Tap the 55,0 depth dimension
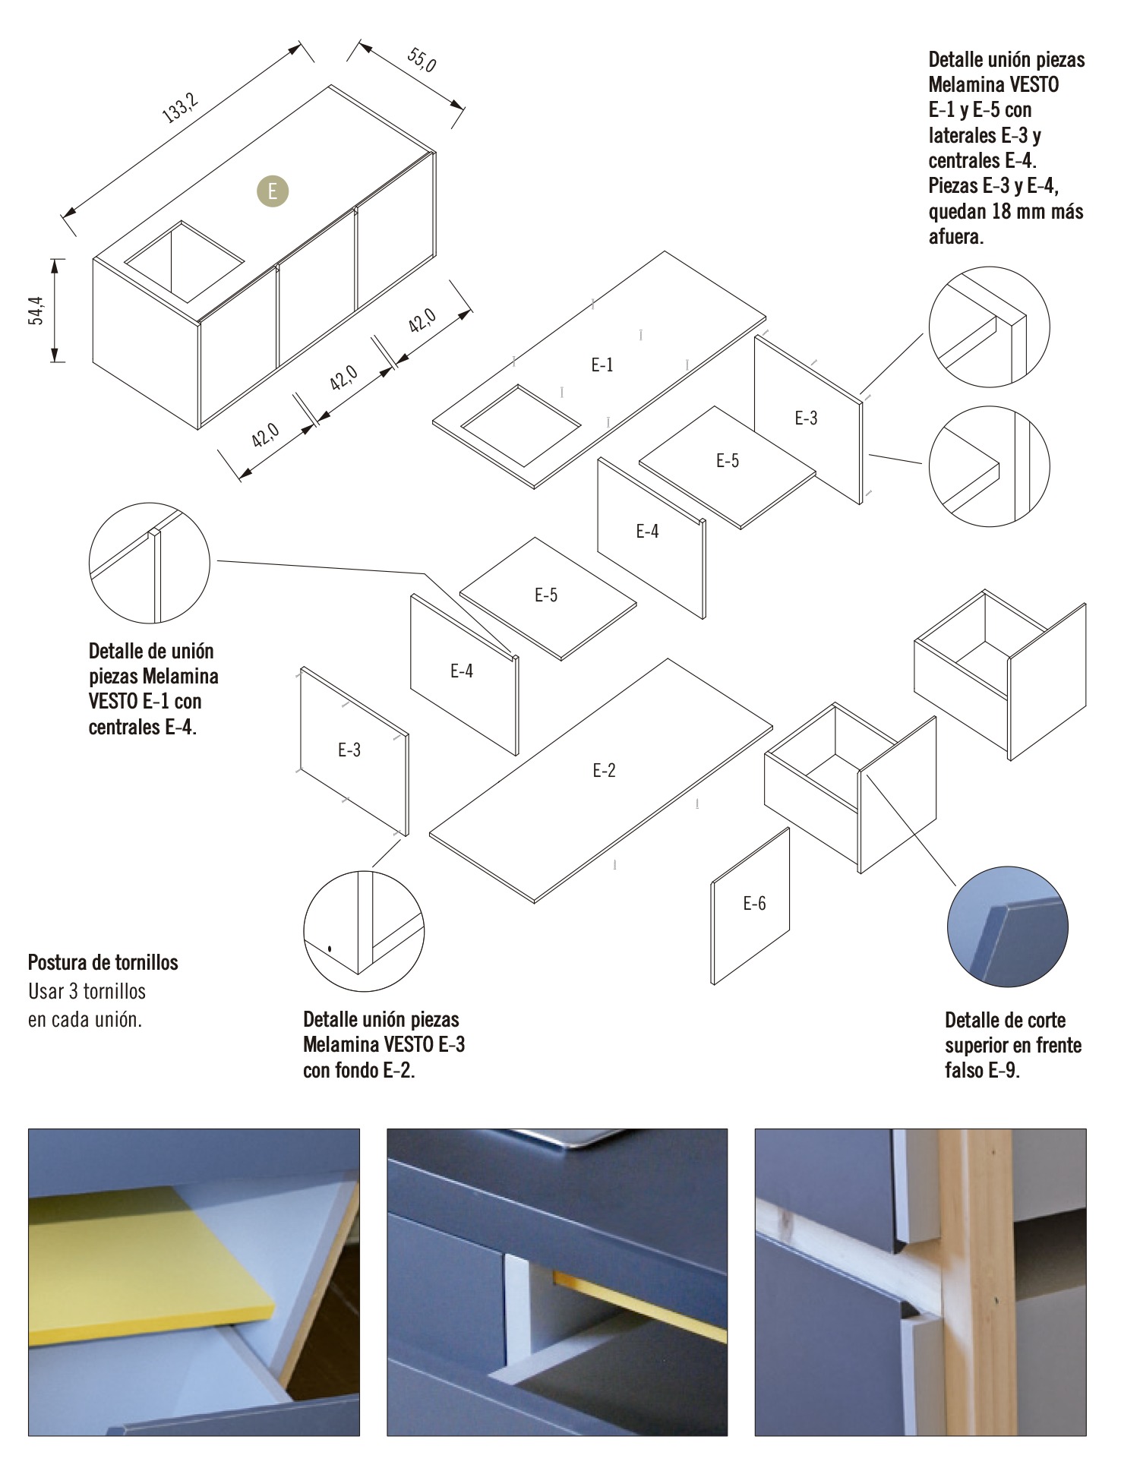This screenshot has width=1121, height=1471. coord(422,60)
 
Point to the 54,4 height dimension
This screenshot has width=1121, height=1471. coord(36,311)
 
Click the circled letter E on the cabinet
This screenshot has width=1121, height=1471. coord(273,191)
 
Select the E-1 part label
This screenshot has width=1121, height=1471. coord(602,365)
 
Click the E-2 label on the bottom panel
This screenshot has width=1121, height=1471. coord(604,771)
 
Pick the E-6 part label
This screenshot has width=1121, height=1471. coord(754,904)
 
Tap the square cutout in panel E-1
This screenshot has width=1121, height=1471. coord(520,425)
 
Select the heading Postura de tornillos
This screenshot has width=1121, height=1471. coord(103,963)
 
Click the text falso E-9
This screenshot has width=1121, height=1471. coord(982,1071)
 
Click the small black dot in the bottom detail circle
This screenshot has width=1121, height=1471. coord(330,949)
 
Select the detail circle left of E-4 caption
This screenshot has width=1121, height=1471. coord(149,563)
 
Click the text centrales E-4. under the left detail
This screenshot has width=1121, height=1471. coord(143,728)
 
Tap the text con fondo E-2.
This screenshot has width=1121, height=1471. coord(358,1071)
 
